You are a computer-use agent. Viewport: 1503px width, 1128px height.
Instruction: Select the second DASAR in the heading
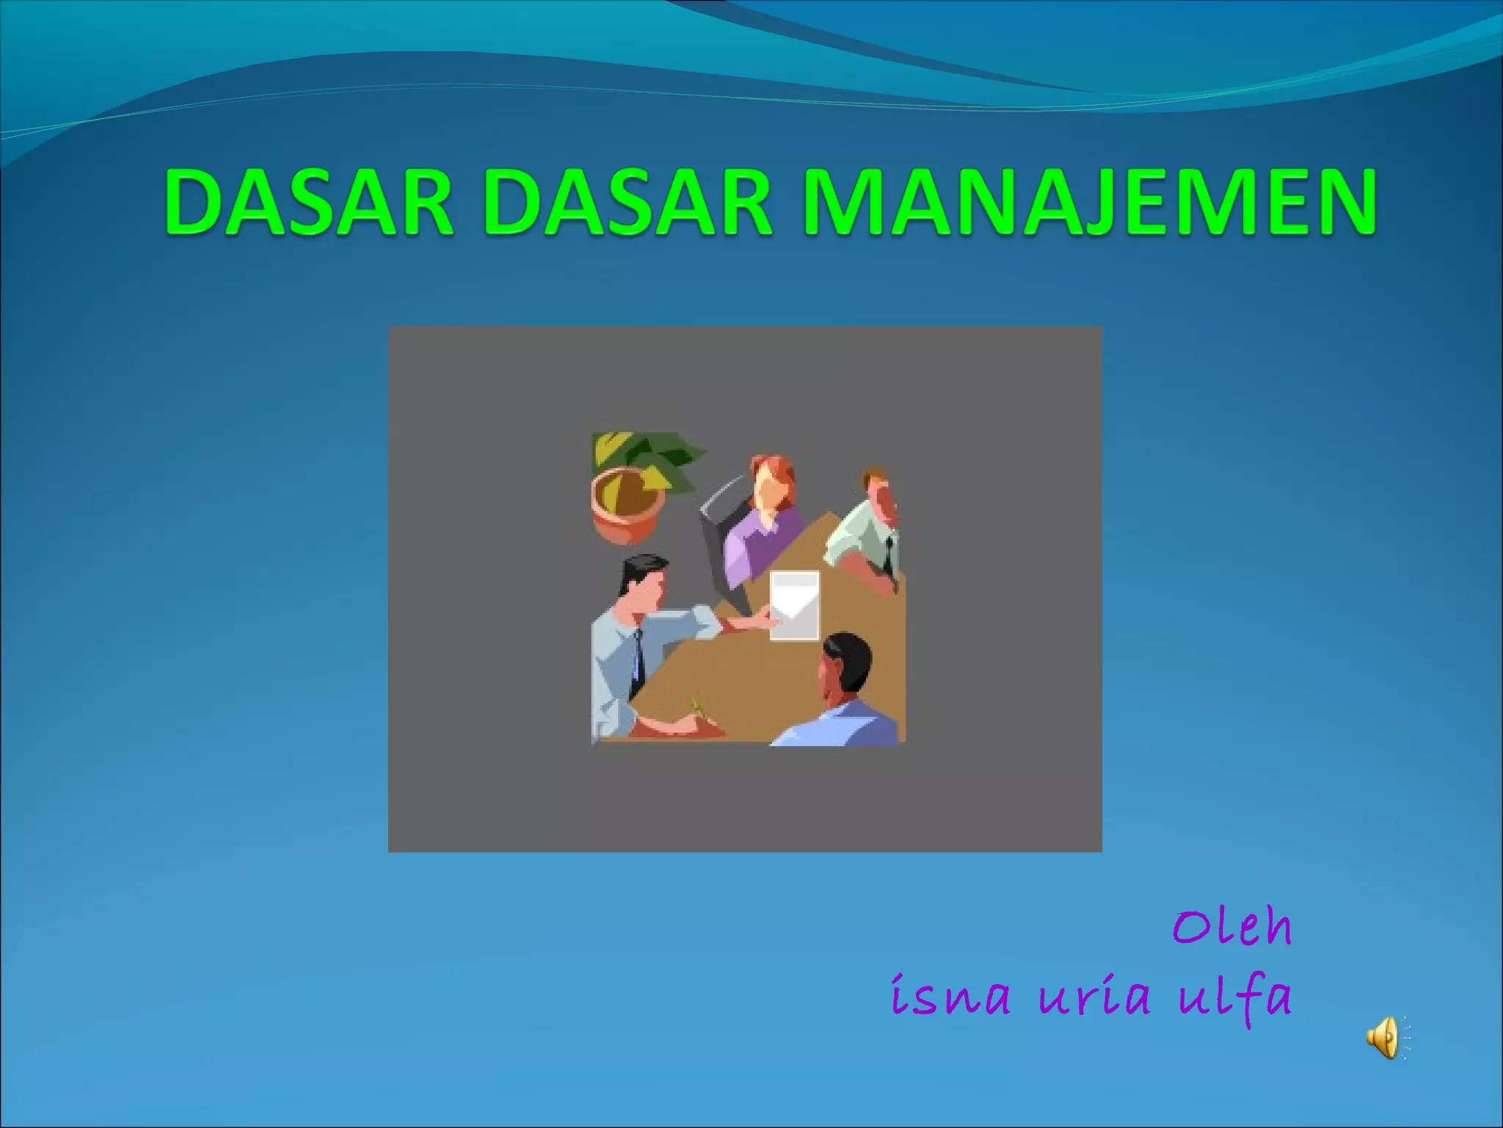tap(628, 203)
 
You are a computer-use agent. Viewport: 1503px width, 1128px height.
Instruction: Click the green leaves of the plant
tap(646, 455)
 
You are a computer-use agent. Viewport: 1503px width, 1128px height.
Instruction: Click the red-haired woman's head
tap(771, 485)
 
